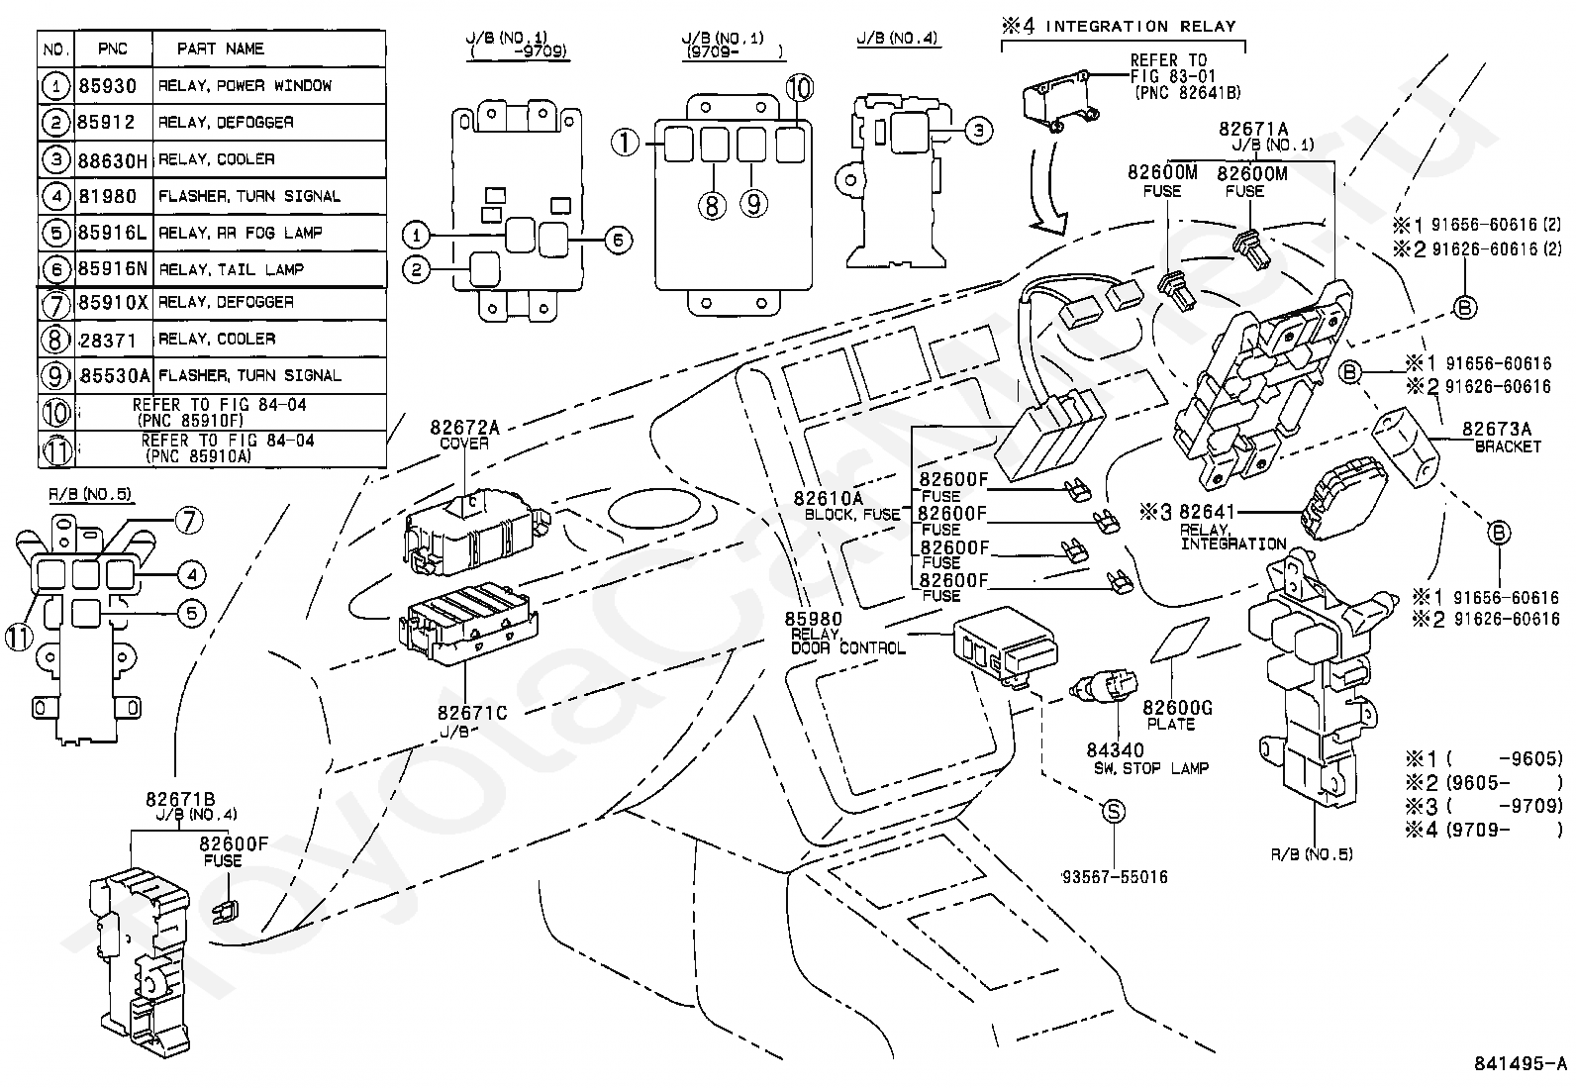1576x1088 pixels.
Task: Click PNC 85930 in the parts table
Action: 108,86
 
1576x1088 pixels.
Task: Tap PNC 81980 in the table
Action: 108,196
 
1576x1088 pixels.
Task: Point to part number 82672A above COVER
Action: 464,428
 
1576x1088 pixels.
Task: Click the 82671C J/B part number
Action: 472,713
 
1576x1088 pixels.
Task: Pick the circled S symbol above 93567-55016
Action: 1114,812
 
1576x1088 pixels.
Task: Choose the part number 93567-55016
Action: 1115,877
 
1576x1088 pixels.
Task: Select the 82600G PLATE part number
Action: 1178,709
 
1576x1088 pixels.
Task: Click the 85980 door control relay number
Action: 814,620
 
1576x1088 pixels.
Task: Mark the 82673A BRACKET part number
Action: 1497,429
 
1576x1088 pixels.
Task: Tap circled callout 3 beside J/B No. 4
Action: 977,130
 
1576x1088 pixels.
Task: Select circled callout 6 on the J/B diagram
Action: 617,239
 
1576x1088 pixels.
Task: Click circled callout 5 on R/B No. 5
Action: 191,613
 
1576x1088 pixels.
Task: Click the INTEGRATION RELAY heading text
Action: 1140,27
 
